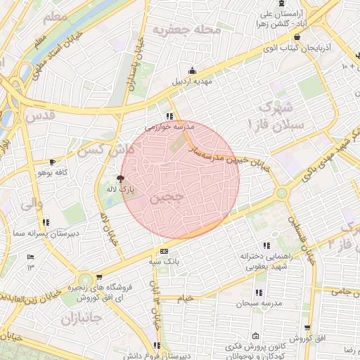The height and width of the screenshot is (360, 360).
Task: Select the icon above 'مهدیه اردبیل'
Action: click(x=192, y=70)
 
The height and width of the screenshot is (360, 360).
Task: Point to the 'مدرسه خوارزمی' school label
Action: click(x=169, y=127)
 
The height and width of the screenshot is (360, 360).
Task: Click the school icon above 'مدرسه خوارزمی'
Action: click(x=169, y=116)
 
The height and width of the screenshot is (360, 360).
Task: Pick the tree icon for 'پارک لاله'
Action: click(x=120, y=179)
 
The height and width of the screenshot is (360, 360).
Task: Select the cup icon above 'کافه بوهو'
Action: click(x=52, y=162)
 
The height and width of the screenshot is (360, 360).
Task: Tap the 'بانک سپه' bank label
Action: click(x=165, y=262)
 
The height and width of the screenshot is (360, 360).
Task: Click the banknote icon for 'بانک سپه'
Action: click(x=165, y=251)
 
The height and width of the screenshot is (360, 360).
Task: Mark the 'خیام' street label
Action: click(x=185, y=298)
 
